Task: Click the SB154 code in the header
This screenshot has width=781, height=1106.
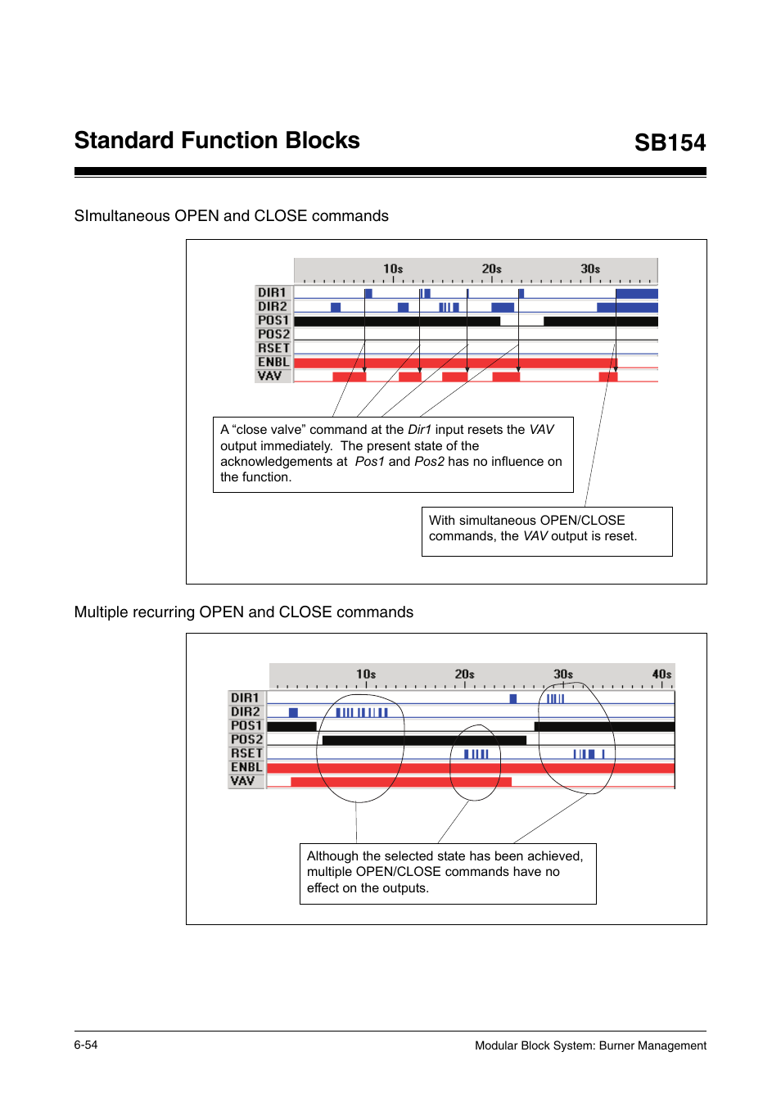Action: coord(670,142)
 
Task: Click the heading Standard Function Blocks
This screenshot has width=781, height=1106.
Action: coord(217,140)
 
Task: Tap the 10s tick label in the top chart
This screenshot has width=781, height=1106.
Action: coord(393,269)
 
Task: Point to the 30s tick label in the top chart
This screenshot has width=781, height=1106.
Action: coord(590,269)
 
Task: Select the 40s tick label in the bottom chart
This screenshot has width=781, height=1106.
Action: coord(661,674)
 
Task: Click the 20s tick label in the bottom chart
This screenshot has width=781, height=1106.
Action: coord(464,674)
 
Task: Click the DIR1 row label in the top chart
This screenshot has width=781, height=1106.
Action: coord(273,292)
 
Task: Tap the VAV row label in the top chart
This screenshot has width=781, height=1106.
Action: coord(270,376)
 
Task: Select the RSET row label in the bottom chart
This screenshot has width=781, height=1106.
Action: coord(246,753)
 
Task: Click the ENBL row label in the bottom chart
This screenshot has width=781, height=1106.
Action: coord(246,767)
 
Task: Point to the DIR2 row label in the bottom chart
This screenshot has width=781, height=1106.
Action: coord(246,711)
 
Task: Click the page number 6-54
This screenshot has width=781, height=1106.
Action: coord(86,1045)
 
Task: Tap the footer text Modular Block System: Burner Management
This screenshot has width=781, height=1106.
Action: coord(590,1045)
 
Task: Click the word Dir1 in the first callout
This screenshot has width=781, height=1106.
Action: coord(419,430)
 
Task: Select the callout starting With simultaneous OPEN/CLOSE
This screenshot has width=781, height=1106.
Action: coord(546,529)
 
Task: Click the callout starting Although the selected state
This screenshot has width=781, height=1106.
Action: coord(447,872)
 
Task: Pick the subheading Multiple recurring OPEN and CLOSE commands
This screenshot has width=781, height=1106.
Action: coord(244,612)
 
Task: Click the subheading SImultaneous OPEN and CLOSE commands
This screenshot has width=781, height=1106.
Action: coord(232,216)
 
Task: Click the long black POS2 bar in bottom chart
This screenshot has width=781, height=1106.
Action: coord(424,740)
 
